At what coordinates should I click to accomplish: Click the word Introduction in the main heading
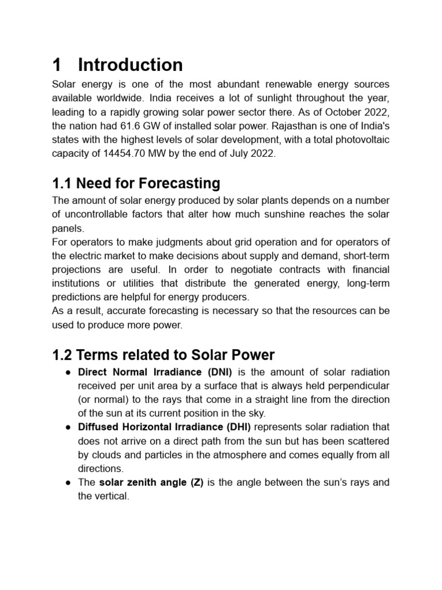tap(130, 65)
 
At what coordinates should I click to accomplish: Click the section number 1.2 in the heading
tap(63, 355)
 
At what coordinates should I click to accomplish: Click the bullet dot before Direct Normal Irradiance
tap(67, 372)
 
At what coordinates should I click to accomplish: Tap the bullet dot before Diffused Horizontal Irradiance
tap(67, 428)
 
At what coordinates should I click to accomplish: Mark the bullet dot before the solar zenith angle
tap(67, 483)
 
